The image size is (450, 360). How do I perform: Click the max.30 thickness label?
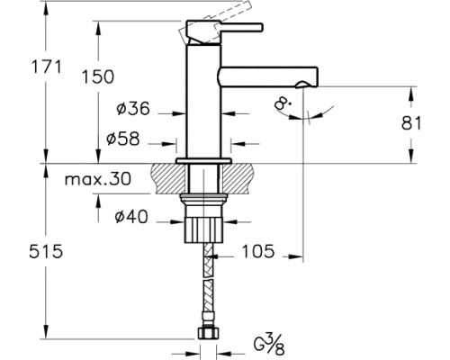(96, 179)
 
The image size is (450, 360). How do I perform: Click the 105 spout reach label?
(258, 253)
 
